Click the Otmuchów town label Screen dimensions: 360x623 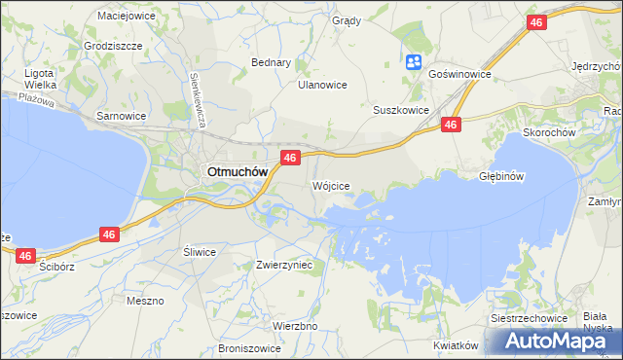[x=235, y=172]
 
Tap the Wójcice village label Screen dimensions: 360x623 [x=331, y=185]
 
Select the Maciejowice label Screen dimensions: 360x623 [x=128, y=17]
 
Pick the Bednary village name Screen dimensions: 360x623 [x=272, y=62]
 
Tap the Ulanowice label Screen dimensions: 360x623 [x=322, y=85]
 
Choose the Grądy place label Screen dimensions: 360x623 [x=346, y=20]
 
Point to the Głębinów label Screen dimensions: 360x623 [x=502, y=176]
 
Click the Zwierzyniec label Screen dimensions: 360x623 [x=284, y=264]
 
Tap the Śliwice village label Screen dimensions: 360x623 [x=200, y=251]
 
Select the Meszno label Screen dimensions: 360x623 [x=145, y=301]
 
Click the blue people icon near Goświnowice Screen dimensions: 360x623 [x=413, y=62]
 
